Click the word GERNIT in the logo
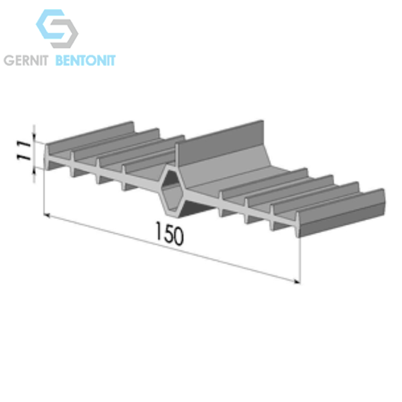(x=26, y=60)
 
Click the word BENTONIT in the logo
(x=85, y=60)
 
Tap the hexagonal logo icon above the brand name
(x=57, y=29)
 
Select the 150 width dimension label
(x=170, y=234)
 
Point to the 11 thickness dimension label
(x=24, y=150)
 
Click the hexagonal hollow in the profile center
(x=171, y=191)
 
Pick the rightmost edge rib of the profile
(x=341, y=213)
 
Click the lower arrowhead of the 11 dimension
(x=34, y=171)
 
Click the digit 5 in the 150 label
(x=169, y=234)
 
